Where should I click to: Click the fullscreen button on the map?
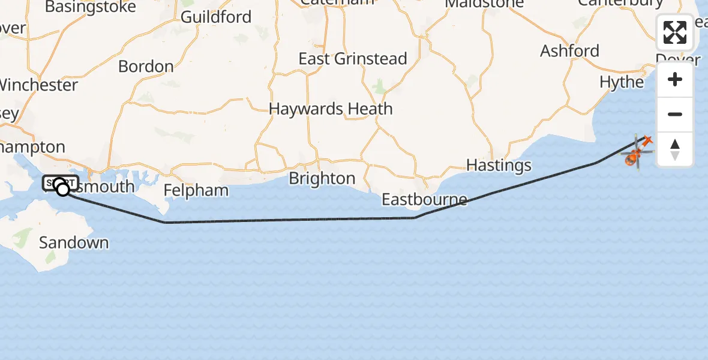(x=675, y=32)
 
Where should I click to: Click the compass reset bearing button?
(x=675, y=149)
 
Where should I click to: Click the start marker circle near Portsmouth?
(x=62, y=190)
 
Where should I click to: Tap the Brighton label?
(x=322, y=179)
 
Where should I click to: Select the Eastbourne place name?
(x=424, y=199)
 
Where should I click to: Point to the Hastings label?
(x=499, y=165)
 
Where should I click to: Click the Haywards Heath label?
(x=331, y=109)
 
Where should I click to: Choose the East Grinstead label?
(x=353, y=59)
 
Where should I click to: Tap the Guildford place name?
(x=216, y=17)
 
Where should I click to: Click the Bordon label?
(x=146, y=66)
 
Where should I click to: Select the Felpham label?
(x=197, y=191)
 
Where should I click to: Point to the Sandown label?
(x=74, y=243)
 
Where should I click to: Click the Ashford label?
(x=569, y=51)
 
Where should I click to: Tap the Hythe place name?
(x=622, y=82)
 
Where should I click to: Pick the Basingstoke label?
(x=91, y=7)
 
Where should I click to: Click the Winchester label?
(x=37, y=85)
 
